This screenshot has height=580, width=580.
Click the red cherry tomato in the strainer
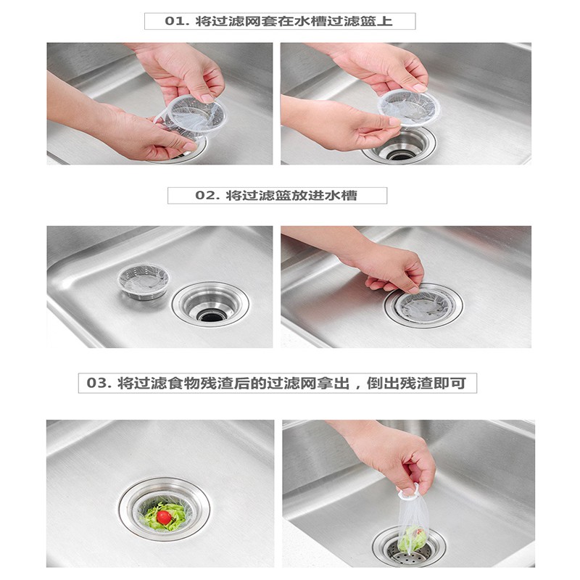pyautogui.click(x=165, y=517)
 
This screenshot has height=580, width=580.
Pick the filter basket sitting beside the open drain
pyautogui.click(x=144, y=281)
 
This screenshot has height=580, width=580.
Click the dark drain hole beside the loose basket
pyautogui.click(x=211, y=315)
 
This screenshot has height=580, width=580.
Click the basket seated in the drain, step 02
pyautogui.click(x=424, y=306)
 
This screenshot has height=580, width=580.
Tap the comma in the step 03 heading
pyautogui.click(x=357, y=386)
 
